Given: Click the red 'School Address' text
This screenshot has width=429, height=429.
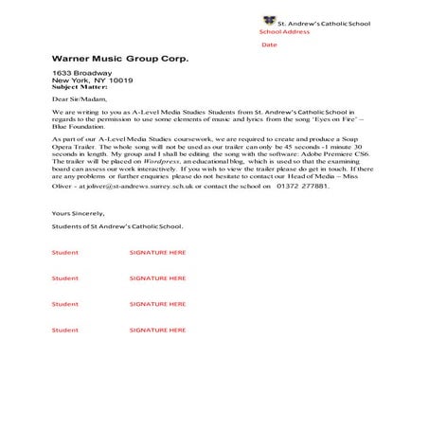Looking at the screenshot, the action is point(285,31).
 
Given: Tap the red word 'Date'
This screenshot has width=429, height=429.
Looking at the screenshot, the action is point(269,45).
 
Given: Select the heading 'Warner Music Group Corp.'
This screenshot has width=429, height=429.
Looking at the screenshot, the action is point(120,58).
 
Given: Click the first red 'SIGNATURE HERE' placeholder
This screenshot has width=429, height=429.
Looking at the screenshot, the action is point(157,253).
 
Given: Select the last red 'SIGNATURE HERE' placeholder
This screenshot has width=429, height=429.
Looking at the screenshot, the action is point(157,330).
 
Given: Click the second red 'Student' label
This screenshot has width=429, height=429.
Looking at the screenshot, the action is point(65,278).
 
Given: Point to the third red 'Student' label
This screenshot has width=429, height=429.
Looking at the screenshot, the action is point(65,304).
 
